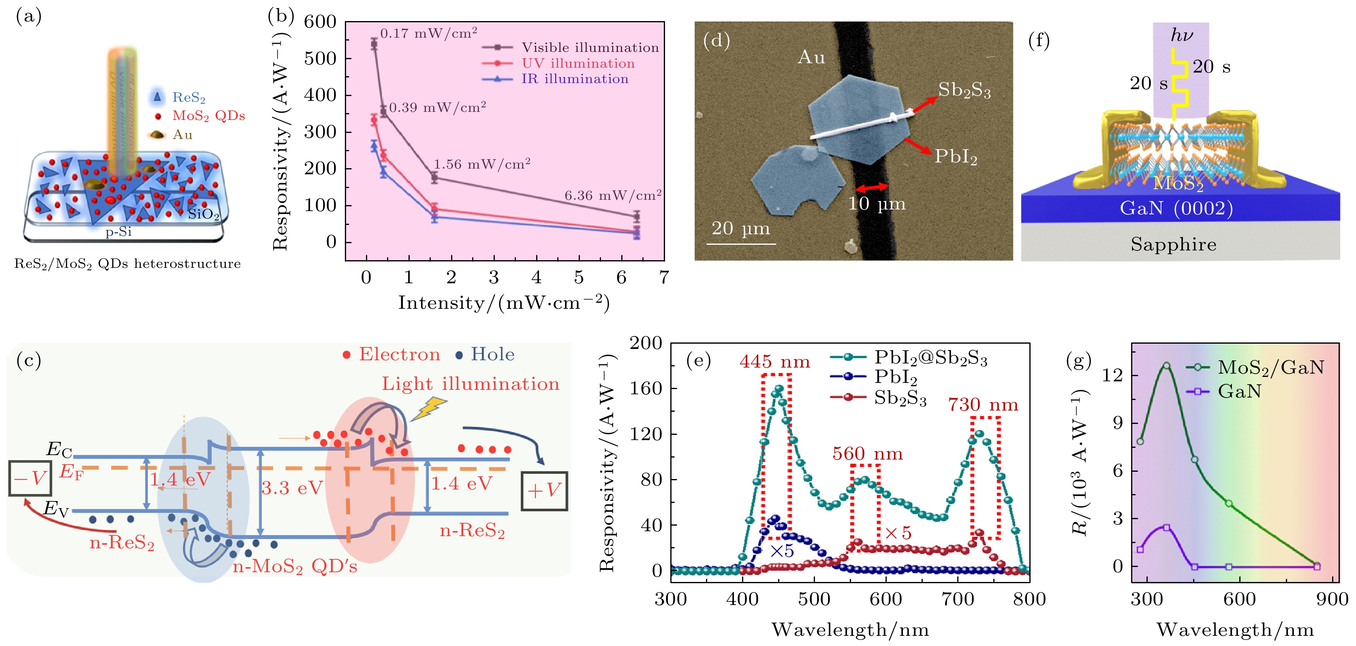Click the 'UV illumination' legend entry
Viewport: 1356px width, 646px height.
(577, 64)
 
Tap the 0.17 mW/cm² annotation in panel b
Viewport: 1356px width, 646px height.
(428, 33)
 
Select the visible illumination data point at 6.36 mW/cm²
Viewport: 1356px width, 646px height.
(636, 216)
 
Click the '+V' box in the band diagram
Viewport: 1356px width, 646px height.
(544, 491)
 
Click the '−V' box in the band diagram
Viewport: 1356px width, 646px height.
(30, 478)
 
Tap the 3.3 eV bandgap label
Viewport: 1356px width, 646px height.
(292, 488)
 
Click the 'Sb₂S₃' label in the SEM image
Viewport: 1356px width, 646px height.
(965, 90)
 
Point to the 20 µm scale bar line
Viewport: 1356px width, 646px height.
(741, 244)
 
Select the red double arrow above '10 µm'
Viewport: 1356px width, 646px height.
(872, 187)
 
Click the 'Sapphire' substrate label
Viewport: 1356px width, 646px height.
(1173, 244)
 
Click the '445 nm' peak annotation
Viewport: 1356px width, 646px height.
(774, 362)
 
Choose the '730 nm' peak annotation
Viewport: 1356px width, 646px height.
(983, 404)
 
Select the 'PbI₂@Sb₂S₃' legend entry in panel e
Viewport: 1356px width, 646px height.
(930, 357)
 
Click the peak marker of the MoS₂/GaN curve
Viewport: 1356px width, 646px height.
(1166, 366)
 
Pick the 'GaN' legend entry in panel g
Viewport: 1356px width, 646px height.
(1239, 391)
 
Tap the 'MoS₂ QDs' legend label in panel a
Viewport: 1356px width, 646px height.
(208, 116)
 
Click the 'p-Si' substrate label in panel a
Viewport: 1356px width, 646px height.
(118, 232)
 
